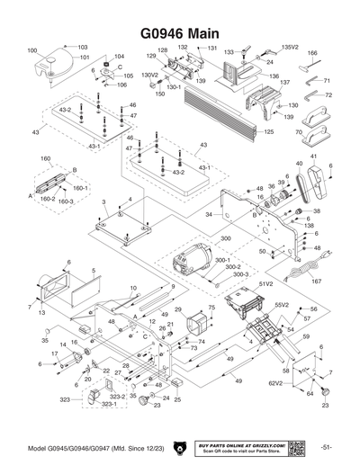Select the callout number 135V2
[x=290, y=47]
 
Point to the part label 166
[x=312, y=54]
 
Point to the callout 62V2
[x=275, y=383]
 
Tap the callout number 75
[x=211, y=308]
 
